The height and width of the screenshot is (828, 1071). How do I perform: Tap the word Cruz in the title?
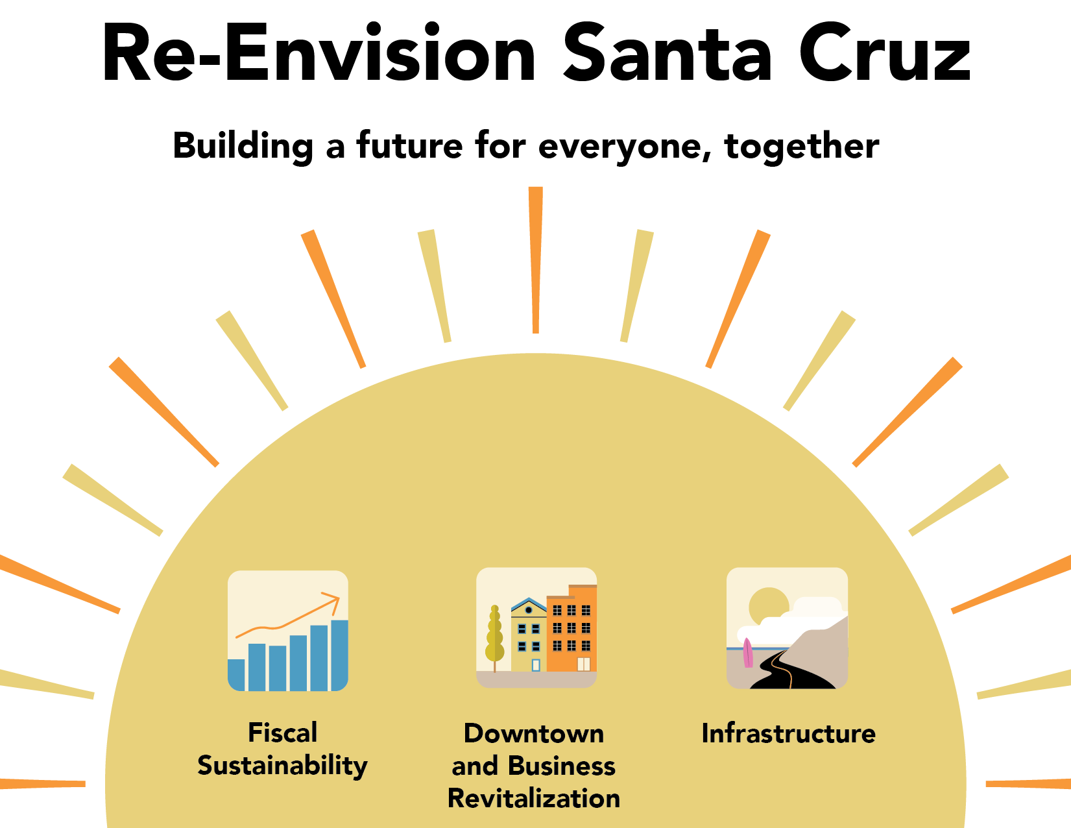point(885,52)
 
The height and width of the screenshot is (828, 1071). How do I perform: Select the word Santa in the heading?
point(668,52)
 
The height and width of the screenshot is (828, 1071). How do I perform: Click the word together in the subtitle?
point(801,147)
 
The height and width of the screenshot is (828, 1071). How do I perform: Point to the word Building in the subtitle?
point(243,147)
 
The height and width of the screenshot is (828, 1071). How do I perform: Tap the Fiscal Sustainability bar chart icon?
point(288,631)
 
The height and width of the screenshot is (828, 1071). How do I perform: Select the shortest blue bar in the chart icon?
point(237,675)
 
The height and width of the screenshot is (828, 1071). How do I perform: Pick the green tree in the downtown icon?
point(494,637)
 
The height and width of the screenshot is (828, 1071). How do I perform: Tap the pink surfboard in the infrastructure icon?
point(748,653)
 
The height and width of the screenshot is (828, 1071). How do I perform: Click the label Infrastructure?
point(789,733)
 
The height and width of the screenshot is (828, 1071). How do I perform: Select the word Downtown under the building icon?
point(534,733)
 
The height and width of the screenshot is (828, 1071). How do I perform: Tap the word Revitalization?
point(534,798)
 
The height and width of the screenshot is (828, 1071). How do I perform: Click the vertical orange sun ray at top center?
point(536,260)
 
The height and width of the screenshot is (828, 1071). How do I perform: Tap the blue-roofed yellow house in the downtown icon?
point(529,635)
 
